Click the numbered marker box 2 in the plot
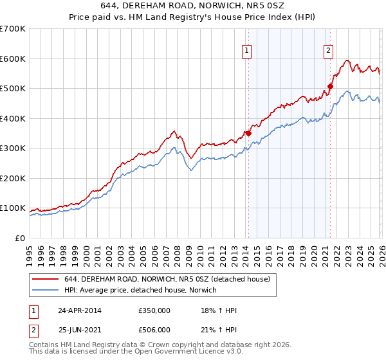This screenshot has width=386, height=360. (x=328, y=51)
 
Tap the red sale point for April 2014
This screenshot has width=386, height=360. (x=248, y=134)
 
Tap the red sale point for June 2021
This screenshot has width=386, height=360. (x=331, y=86)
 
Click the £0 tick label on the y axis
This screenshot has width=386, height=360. (x=21, y=239)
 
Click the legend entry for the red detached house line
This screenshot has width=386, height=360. (x=170, y=279)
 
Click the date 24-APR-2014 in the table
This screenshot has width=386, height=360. (x=79, y=310)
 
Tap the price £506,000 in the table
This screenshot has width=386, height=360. (x=154, y=330)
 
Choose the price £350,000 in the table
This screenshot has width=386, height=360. (x=154, y=310)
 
